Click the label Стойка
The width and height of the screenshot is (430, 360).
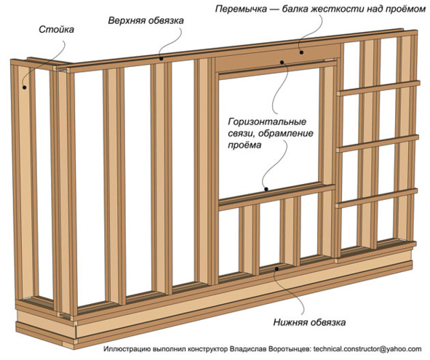click(x=56, y=29)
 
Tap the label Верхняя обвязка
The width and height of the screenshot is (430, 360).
click(x=146, y=21)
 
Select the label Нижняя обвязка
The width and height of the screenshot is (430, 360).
click(x=309, y=322)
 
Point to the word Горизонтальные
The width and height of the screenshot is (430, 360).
click(x=267, y=121)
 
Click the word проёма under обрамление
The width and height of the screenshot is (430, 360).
click(x=244, y=145)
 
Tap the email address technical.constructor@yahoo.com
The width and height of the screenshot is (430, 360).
click(x=367, y=349)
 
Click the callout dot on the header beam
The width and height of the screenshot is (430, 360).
click(x=301, y=52)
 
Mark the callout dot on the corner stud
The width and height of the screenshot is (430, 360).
click(x=25, y=87)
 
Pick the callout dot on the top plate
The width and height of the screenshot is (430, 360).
click(x=162, y=58)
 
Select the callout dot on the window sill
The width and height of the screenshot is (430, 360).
click(x=266, y=189)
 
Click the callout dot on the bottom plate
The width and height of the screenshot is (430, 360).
click(x=277, y=268)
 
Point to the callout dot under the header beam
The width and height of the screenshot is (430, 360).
click(x=282, y=63)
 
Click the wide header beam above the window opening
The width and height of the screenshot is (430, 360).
click(x=277, y=58)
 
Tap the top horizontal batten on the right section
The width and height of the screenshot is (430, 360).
click(x=378, y=88)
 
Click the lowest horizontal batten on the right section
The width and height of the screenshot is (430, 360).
click(x=377, y=198)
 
